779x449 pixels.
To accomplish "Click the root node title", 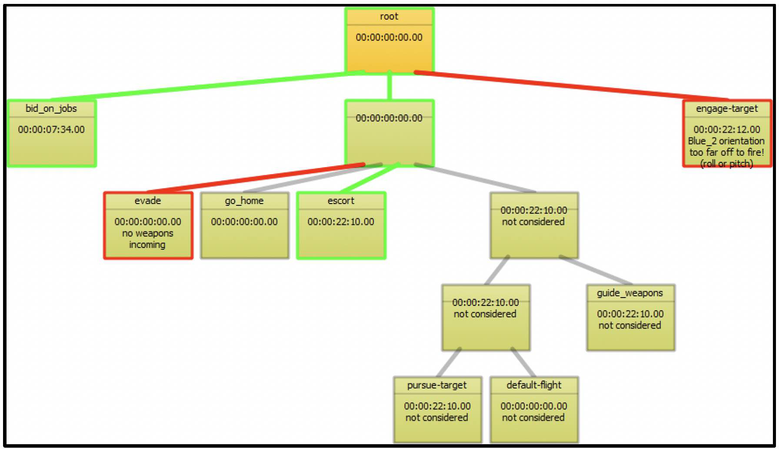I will pyautogui.click(x=389, y=17).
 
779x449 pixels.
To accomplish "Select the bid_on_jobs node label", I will pyautogui.click(x=51, y=109).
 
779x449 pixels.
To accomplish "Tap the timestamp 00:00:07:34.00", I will pyautogui.click(x=51, y=129).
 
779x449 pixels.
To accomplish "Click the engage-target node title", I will pyautogui.click(x=727, y=109).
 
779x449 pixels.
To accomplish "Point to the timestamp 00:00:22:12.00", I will pyautogui.click(x=727, y=129).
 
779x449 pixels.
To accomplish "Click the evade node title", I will pyautogui.click(x=148, y=201).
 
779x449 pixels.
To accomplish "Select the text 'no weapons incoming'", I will pyautogui.click(x=148, y=239).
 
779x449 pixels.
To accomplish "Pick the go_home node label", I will pyautogui.click(x=244, y=201).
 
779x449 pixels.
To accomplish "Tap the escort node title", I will pyautogui.click(x=341, y=201).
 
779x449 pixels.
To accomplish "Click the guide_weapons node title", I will pyautogui.click(x=630, y=293).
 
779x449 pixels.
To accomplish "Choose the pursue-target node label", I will pyautogui.click(x=437, y=385).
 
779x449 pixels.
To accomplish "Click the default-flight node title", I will pyautogui.click(x=534, y=385).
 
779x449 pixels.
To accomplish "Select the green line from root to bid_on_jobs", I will pyautogui.click(x=209, y=86).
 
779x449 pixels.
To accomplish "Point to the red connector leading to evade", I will pyautogui.click(x=256, y=178).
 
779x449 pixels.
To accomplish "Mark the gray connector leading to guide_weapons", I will pyautogui.click(x=596, y=270).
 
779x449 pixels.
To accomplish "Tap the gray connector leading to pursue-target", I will pyautogui.click(x=449, y=362).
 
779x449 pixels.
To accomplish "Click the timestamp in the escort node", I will pyautogui.click(x=341, y=222).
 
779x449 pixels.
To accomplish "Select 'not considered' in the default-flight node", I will pyautogui.click(x=534, y=418).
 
